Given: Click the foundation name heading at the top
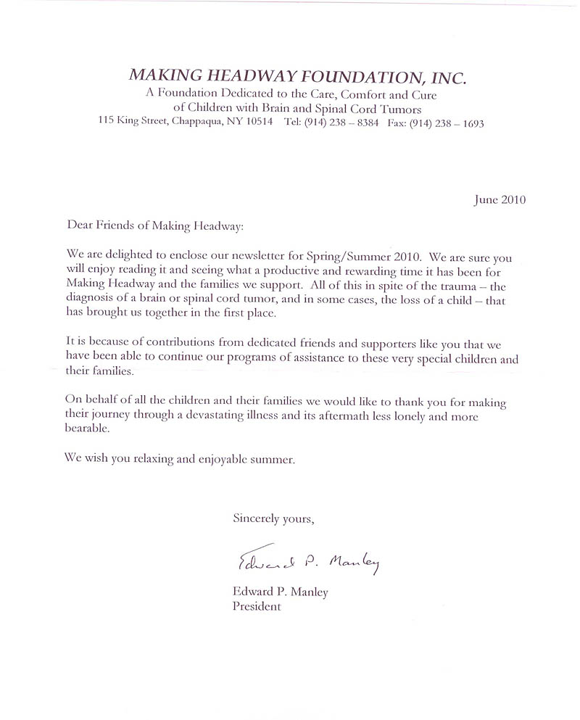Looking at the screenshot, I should coord(298,75).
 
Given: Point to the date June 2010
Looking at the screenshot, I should coord(500,200).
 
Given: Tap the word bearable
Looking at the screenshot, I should coord(88,430).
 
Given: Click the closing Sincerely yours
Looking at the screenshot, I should coord(273,518).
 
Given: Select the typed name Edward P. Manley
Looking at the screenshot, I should coord(280,592).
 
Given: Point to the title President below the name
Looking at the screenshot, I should coord(256,607).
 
